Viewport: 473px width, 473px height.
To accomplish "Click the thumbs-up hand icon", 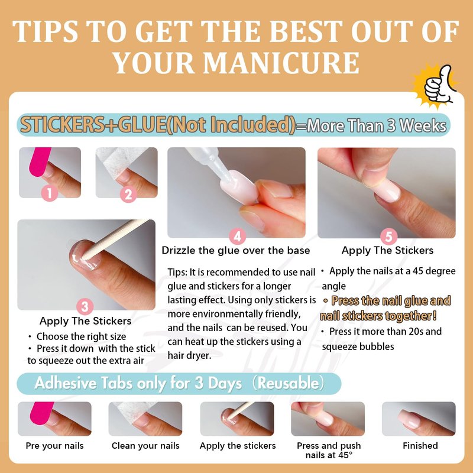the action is coord(438,85).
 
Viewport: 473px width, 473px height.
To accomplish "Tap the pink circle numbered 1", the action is coord(50,193).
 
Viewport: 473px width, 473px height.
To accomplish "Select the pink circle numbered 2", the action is coord(128,195).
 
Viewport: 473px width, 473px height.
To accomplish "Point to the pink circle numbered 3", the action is coord(85,307).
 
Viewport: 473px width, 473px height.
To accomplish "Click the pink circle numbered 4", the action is coord(238,237).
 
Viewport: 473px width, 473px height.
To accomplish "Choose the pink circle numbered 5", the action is coord(388,237).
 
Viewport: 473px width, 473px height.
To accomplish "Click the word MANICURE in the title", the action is coord(281,63).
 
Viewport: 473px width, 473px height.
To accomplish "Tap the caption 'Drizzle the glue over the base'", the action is coord(236,250).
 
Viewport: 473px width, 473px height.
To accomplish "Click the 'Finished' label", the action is coord(420,446).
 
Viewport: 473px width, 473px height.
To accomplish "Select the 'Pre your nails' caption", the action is coord(54,446).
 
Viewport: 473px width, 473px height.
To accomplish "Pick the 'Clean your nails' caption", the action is coord(145,446).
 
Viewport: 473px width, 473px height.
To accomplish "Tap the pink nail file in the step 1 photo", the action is coord(40,161).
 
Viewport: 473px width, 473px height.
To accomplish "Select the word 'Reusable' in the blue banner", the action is coord(288,383).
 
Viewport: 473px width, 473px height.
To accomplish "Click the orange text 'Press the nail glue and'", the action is coord(391,301).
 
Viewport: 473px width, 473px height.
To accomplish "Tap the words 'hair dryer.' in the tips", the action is coord(189,356).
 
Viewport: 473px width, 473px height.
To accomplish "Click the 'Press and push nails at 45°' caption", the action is coord(329,450).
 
